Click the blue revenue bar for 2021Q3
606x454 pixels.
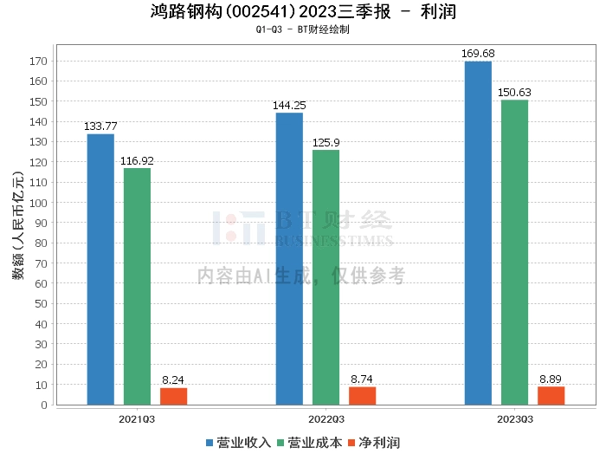point(100,269)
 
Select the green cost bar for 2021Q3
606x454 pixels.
point(137,286)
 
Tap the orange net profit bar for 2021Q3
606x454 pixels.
point(173,396)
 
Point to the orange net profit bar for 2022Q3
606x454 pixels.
point(362,395)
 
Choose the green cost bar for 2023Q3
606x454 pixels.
point(514,252)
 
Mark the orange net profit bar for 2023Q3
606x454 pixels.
point(551,395)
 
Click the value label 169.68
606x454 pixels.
point(478,54)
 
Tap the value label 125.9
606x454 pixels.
point(326,142)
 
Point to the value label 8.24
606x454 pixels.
point(173,379)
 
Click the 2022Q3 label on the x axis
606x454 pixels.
point(326,419)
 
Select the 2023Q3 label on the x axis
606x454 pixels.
point(514,419)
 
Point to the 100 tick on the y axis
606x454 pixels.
point(37,203)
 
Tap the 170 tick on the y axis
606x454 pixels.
point(37,62)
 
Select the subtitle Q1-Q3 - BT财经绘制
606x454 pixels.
point(303,29)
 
